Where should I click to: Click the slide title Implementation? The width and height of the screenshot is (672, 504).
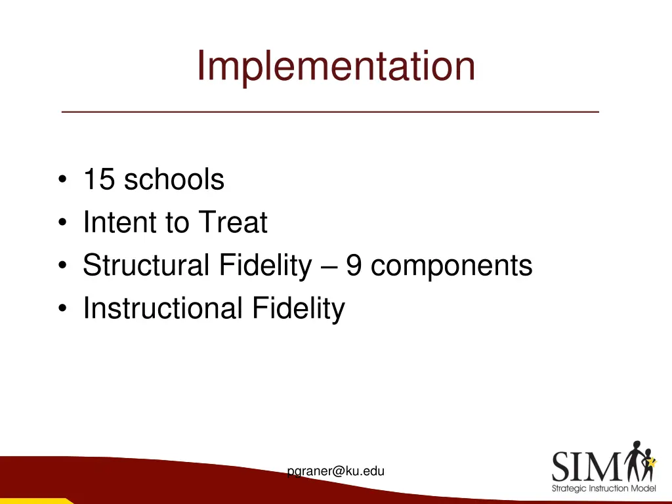point(336,66)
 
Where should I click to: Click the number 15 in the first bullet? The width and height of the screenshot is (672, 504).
point(99,179)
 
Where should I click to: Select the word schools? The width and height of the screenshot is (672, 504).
point(174,179)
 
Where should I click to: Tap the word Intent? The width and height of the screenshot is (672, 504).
point(119,222)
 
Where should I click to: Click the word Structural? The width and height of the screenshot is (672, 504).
point(145,266)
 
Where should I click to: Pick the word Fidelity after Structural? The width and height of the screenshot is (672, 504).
point(265,266)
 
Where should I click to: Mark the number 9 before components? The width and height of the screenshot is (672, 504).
point(354,266)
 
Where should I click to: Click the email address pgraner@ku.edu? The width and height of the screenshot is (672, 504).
point(336,471)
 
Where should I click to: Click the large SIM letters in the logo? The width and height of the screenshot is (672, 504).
point(585,467)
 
